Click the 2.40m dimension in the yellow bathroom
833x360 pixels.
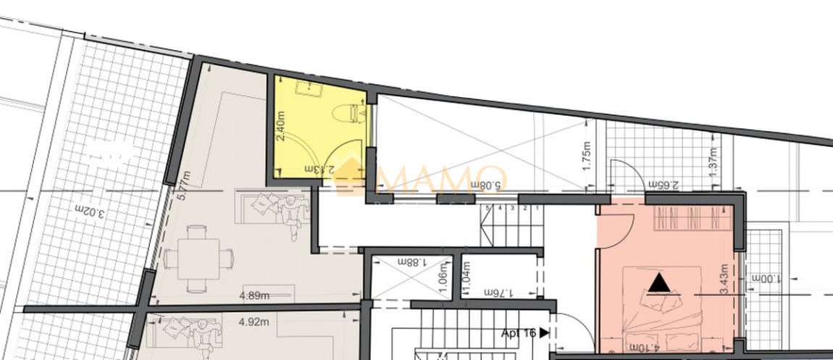click(x=281, y=127)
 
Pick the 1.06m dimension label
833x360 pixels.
click(x=444, y=277)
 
